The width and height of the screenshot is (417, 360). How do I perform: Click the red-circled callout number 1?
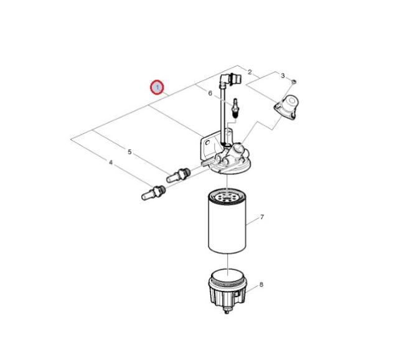(x=157, y=87)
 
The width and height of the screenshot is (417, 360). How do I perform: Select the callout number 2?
(x=250, y=72)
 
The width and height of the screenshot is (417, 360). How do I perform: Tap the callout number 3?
(x=283, y=76)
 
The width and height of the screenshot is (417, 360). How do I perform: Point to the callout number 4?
(x=111, y=162)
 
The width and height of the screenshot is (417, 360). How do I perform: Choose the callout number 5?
(x=129, y=152)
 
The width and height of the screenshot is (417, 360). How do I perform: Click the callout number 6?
(x=210, y=93)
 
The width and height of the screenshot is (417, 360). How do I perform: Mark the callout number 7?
(x=262, y=217)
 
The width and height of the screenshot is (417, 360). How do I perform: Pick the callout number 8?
(x=261, y=285)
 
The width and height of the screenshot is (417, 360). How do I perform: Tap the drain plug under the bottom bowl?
(x=227, y=310)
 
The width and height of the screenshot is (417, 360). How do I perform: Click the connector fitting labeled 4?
(x=153, y=192)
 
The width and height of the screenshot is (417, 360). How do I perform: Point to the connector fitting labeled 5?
(x=179, y=175)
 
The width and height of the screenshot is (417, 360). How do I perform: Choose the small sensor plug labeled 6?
(x=236, y=108)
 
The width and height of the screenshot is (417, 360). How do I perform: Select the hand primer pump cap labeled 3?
(x=286, y=107)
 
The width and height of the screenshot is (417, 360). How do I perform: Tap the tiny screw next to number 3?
(x=294, y=82)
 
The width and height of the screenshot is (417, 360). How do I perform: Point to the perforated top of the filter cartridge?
(x=227, y=196)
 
